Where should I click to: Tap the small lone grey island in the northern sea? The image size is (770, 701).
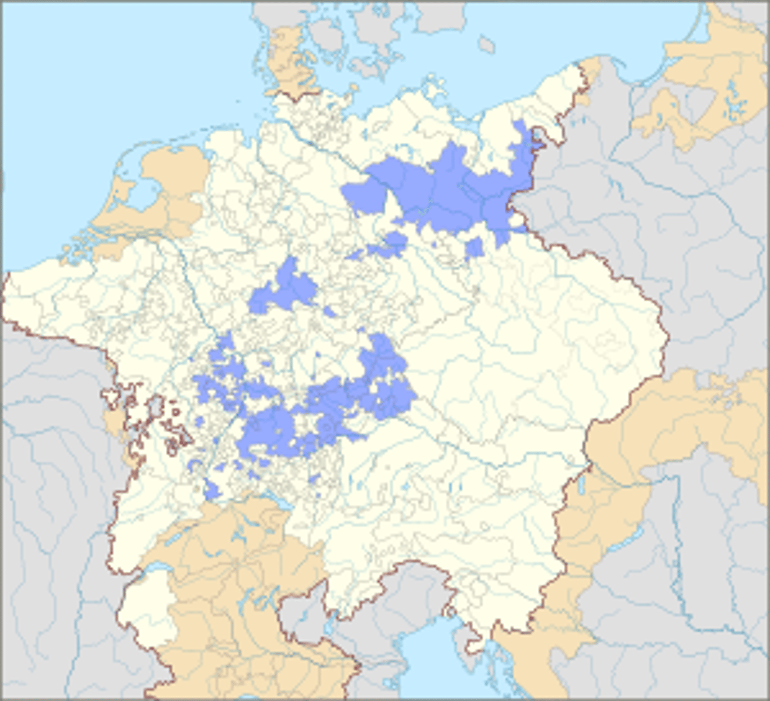tap(485, 44)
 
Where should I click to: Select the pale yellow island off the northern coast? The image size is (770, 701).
tap(435, 88)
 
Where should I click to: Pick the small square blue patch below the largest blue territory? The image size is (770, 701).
tap(474, 247)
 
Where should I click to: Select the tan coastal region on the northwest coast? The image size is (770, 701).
tap(169, 187)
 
